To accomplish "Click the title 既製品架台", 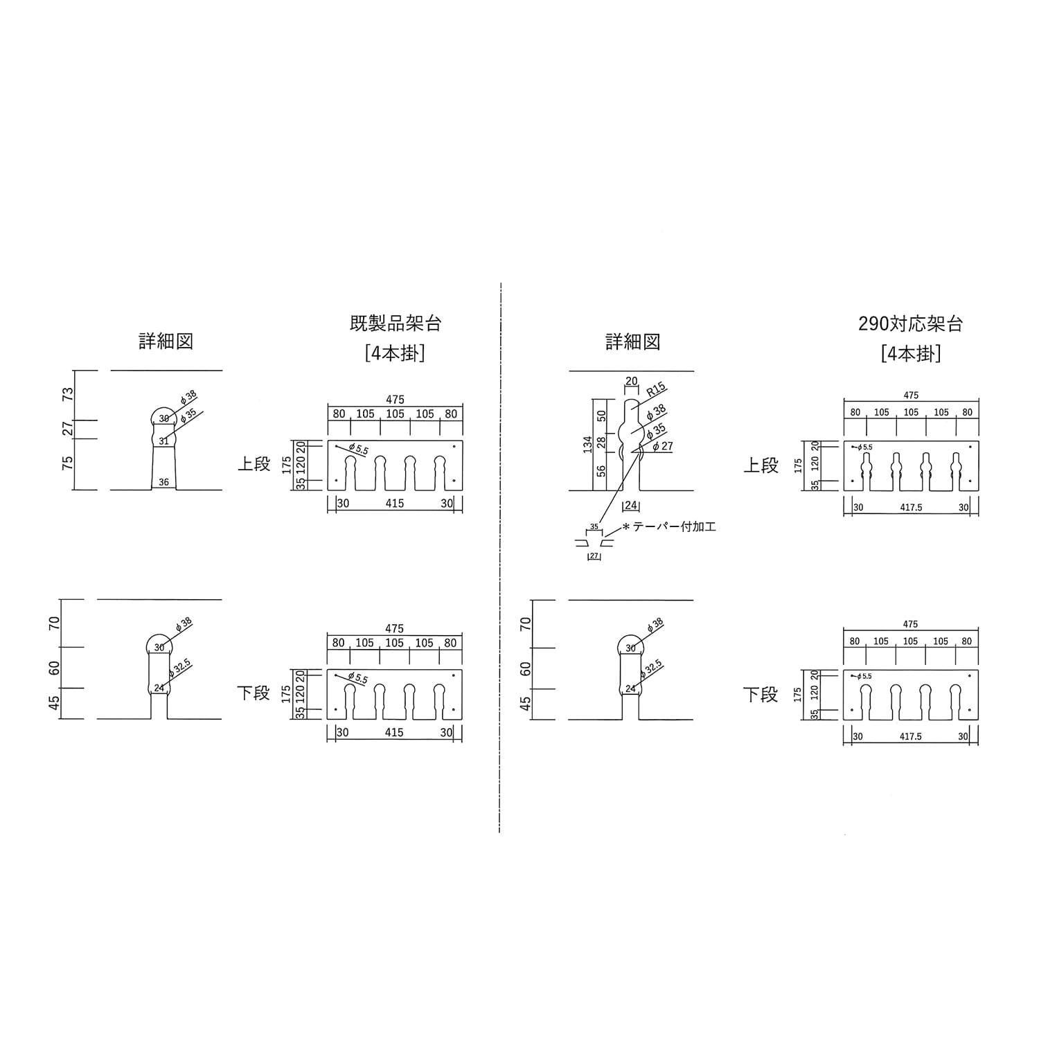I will (x=395, y=323).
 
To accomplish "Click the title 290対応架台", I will (x=911, y=323).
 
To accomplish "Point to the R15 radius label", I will (x=655, y=389).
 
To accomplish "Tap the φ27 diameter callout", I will (x=663, y=447).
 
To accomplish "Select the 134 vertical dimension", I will (x=588, y=445).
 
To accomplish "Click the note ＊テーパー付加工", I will (x=669, y=527).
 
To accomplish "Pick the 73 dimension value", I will (x=68, y=394).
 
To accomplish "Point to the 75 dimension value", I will (x=68, y=463).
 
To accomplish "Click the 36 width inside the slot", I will (x=163, y=482).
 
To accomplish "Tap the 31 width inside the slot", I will (x=163, y=441).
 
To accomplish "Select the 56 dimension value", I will (x=602, y=471).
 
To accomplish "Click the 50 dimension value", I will (x=602, y=416).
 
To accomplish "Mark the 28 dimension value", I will (x=602, y=441).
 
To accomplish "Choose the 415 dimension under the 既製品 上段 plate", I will (x=395, y=504).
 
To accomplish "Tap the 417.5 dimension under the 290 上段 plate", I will (x=911, y=508).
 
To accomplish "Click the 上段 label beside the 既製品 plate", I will (x=254, y=464).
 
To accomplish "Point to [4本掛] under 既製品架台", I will (x=395, y=353).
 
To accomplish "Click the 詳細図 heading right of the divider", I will (x=632, y=341).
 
